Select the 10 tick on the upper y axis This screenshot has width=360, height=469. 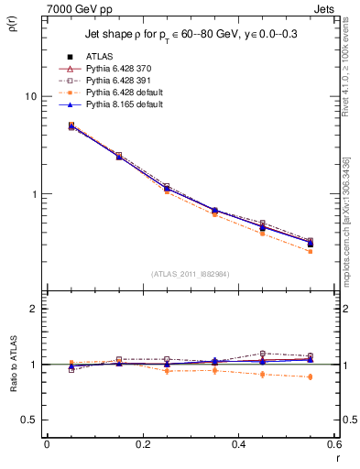pos(30,96)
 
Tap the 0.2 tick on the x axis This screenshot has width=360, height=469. pos(142,444)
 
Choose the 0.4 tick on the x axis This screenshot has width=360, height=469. pos(238,444)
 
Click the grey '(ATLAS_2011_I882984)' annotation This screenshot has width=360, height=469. pos(190,274)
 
